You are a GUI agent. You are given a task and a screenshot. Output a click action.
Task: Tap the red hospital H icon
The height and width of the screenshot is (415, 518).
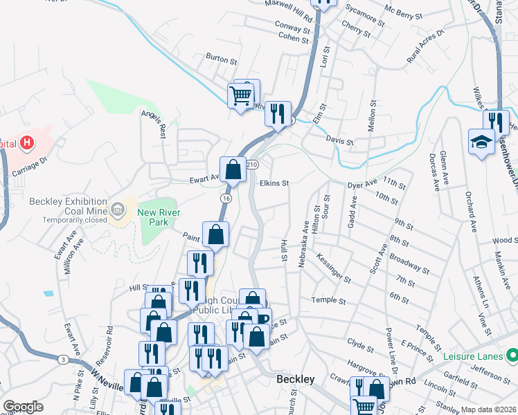click(x=27, y=143)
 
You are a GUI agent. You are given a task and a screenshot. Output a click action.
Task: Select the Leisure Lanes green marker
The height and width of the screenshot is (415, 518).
click(x=512, y=356)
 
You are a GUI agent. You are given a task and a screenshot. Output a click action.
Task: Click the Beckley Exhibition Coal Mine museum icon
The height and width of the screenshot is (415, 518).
click(x=118, y=207)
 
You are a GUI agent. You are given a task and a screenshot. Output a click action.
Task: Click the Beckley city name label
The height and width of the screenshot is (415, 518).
click(x=296, y=380)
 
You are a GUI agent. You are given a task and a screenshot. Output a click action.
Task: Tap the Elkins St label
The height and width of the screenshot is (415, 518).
click(x=274, y=183)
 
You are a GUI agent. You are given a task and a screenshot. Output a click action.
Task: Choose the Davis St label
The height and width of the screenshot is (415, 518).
click(x=340, y=142)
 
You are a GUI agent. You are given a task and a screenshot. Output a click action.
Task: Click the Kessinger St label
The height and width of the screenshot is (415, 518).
click(x=333, y=267)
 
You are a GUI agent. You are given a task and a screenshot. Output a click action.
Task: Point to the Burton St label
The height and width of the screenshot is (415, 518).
click(x=222, y=59)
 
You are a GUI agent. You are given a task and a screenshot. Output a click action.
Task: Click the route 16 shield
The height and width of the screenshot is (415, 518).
click(x=226, y=199)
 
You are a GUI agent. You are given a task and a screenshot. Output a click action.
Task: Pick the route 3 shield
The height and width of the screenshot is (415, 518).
click(x=63, y=359)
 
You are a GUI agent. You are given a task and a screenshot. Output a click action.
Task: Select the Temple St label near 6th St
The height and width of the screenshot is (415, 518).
click(x=328, y=301)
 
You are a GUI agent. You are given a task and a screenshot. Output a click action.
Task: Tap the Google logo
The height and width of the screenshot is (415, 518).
click(x=23, y=407)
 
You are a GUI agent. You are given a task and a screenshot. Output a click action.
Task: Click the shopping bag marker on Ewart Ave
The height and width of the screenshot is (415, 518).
click(x=233, y=169)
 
